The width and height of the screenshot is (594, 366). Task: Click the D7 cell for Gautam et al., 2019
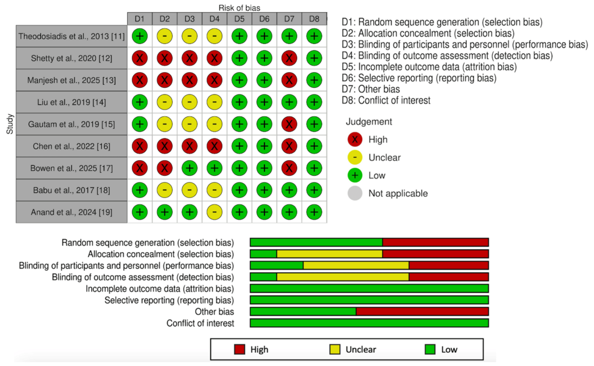289,124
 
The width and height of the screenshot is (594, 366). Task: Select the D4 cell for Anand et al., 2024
214,212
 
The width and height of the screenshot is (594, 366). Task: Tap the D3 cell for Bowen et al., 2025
190,168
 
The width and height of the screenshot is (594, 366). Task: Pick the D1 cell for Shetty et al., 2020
140,58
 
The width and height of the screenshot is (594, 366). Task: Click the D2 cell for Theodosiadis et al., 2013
164,37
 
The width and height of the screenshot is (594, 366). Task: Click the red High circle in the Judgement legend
355,140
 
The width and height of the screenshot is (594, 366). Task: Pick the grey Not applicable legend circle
355,193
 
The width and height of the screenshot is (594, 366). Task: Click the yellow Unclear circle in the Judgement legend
355,158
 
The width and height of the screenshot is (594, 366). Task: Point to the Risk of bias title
239,7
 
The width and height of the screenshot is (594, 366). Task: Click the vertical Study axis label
9,124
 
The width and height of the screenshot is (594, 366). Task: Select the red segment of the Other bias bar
422,312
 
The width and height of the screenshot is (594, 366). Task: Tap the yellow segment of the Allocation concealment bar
330,254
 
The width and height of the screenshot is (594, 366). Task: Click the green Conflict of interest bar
369,323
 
